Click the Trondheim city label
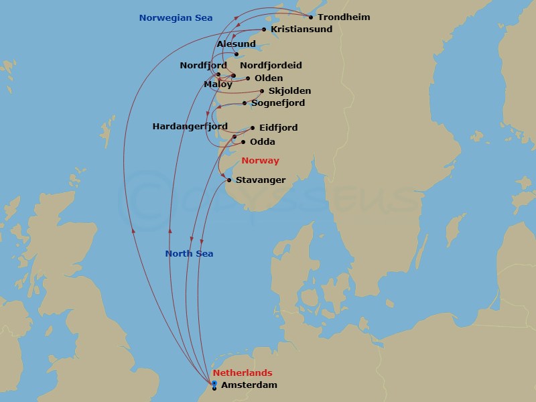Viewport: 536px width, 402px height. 344,17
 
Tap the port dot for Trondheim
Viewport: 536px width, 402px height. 311,17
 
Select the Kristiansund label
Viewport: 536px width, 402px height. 301,29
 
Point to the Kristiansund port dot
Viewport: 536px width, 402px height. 264,29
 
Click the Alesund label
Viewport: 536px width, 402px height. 237,44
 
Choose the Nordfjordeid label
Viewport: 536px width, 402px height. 271,66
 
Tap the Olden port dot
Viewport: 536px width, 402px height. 248,78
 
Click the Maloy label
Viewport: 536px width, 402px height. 218,84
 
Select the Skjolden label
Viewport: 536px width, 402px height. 289,91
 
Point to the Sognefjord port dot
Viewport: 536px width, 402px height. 245,103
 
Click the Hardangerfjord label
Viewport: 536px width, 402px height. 190,126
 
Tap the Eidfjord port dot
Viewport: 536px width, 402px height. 252,127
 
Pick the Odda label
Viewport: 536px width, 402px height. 263,142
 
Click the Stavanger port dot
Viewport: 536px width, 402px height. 230,180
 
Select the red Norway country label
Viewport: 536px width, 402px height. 260,161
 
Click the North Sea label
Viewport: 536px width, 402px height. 189,254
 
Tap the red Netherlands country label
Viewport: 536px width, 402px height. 243,373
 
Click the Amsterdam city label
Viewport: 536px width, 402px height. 249,385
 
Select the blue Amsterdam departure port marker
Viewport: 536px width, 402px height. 214,383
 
